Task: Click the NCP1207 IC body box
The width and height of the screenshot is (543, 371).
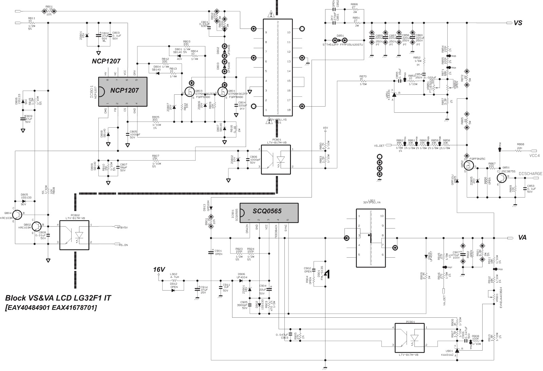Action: pyautogui.click(x=123, y=90)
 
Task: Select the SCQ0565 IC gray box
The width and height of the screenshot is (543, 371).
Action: pyautogui.click(x=269, y=213)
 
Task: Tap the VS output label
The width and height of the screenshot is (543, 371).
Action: pyautogui.click(x=518, y=23)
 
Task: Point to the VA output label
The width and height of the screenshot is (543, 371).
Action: pyautogui.click(x=522, y=238)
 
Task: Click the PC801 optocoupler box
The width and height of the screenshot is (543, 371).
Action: pyautogui.click(x=276, y=160)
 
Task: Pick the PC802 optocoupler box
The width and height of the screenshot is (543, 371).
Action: pyautogui.click(x=74, y=235)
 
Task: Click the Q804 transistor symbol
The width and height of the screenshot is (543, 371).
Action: pyautogui.click(x=16, y=214)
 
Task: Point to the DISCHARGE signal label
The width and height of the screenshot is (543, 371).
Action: pyautogui.click(x=530, y=173)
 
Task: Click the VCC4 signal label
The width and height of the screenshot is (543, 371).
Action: pyautogui.click(x=536, y=155)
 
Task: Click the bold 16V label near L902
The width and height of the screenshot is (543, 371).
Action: pyautogui.click(x=159, y=270)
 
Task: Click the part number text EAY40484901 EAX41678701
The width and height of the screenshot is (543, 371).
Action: pyautogui.click(x=51, y=308)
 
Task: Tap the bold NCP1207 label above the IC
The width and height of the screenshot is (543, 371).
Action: pyautogui.click(x=106, y=61)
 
